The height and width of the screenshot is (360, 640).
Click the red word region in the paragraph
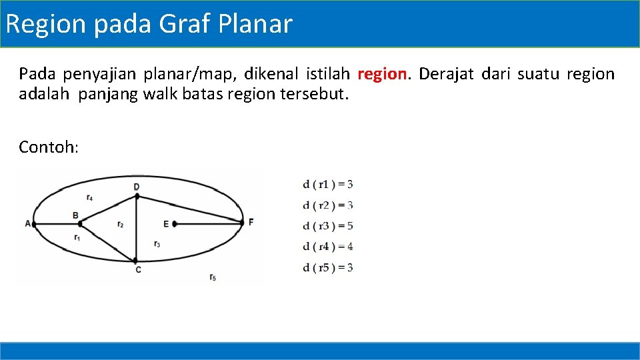pyautogui.click(x=382, y=74)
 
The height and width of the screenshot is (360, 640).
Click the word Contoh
pyautogui.click(x=49, y=147)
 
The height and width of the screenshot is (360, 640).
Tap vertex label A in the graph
pyautogui.click(x=28, y=224)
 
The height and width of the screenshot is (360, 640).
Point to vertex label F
pyautogui.click(x=251, y=222)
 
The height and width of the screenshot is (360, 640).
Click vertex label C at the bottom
pyautogui.click(x=138, y=270)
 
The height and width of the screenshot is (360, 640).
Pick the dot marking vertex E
pyautogui.click(x=175, y=224)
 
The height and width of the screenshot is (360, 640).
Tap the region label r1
pyautogui.click(x=77, y=237)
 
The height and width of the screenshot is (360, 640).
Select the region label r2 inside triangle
pyautogui.click(x=120, y=225)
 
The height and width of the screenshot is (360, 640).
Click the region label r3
pyautogui.click(x=157, y=244)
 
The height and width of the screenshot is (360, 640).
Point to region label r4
pyautogui.click(x=89, y=197)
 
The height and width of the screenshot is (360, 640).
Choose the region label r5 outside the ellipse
pyautogui.click(x=212, y=277)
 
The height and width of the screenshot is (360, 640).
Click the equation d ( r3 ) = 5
pyautogui.click(x=327, y=226)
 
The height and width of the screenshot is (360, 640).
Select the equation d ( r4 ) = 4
pyautogui.click(x=327, y=247)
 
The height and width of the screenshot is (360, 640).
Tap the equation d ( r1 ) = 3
pyautogui.click(x=327, y=184)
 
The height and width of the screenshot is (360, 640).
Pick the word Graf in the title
pyautogui.click(x=185, y=24)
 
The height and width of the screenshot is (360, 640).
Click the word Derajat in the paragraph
pyautogui.click(x=446, y=74)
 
